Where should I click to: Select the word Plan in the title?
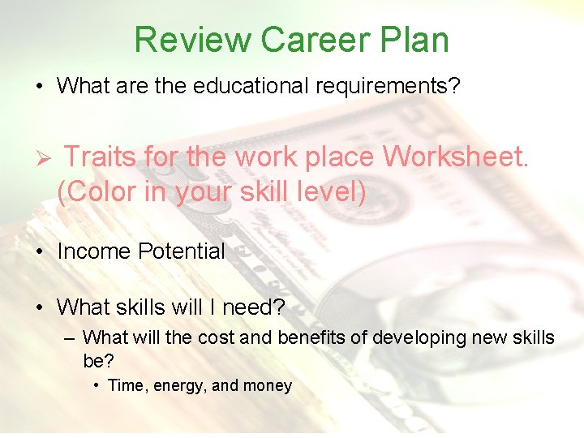[x=418, y=40]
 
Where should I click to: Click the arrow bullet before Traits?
[x=45, y=157]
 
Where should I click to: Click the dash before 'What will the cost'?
[x=70, y=337]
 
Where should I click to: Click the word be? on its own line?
[x=97, y=359]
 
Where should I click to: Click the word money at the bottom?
[x=267, y=386]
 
